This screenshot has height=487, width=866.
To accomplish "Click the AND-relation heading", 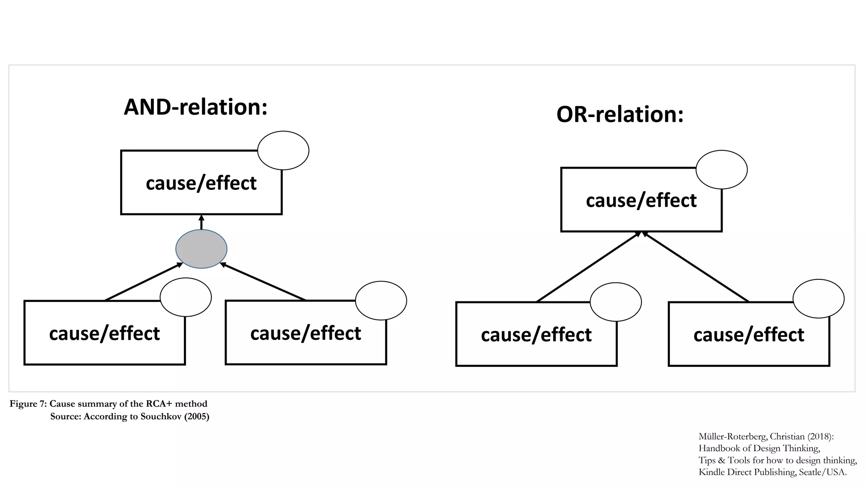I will pos(195,107).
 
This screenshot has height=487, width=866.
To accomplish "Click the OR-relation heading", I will pos(620,115).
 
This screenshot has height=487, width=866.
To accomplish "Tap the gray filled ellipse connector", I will pos(201,249).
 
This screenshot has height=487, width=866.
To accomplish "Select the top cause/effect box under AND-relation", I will pos(201,183).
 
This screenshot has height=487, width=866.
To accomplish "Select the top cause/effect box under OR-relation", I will pos(641,200).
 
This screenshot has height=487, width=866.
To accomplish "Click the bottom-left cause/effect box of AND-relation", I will pos(104,333).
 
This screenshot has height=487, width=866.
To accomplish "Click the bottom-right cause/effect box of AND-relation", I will pos(306,333).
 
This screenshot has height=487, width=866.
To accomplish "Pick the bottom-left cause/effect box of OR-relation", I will pos(536,334).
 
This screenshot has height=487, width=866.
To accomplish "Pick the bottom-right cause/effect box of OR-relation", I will pos(748,334).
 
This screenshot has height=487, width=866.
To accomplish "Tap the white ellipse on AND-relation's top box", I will pos(283,150).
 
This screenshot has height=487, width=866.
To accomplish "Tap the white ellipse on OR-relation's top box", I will pos(721,170).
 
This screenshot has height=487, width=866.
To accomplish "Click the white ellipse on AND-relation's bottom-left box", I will pos(186,297).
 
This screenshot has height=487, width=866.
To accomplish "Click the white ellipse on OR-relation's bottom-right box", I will pos(818,298).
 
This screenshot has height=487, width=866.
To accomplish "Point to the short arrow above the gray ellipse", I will pos(201,222).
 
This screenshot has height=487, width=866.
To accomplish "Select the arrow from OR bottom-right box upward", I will pos(696,267).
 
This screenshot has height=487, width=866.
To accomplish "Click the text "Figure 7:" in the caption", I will pos(28,404).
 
